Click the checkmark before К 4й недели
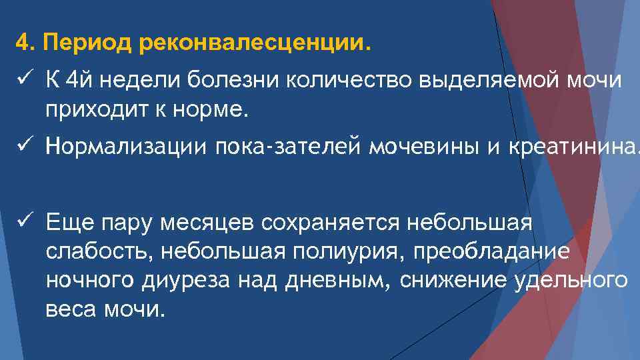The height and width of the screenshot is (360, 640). pos(23,81)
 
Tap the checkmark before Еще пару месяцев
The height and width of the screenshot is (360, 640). pos(23,222)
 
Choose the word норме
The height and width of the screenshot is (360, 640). pos(214,109)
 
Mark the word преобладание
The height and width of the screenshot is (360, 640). pos(500,252)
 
